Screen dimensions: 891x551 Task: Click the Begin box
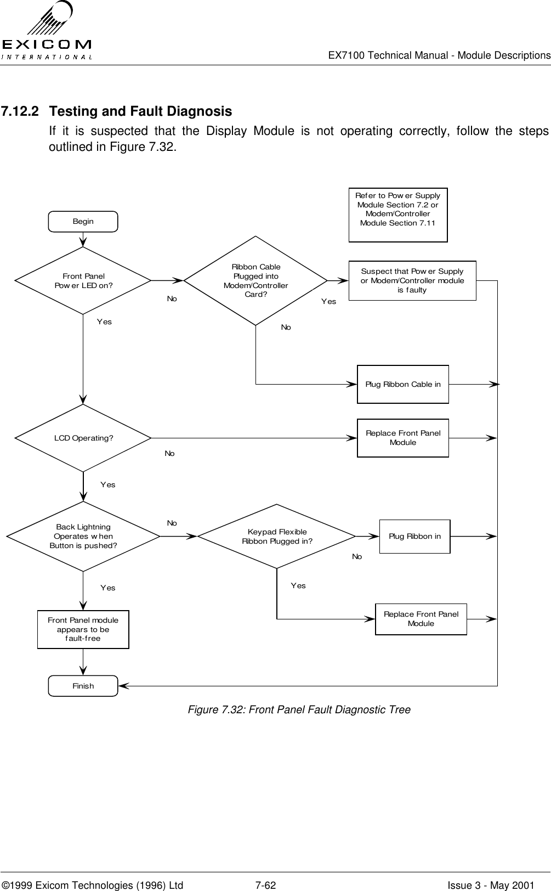tap(83, 221)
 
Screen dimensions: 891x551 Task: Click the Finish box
tap(83, 686)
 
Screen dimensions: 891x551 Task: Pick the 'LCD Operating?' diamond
tap(83, 438)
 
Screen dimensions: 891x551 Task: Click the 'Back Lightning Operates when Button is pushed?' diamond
tap(83, 536)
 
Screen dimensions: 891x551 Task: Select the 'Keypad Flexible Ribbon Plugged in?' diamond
tap(277, 536)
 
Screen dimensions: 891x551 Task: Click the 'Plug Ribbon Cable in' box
tap(403, 384)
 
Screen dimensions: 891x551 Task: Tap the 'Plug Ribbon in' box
tap(414, 536)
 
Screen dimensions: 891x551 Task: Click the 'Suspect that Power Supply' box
tap(412, 280)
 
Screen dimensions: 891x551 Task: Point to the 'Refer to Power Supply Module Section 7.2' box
tap(398, 215)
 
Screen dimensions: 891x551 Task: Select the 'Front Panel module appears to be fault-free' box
tap(83, 629)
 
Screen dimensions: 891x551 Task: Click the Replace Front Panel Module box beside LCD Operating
tap(403, 438)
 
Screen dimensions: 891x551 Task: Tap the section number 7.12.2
tap(20, 111)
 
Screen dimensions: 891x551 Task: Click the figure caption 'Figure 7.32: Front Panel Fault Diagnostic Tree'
tap(299, 709)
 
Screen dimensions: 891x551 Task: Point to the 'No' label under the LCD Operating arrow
tap(169, 454)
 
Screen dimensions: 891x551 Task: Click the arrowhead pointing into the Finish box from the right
tap(123, 686)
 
